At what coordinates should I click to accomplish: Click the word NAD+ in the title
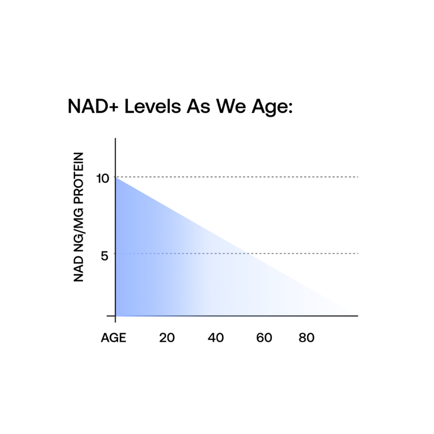pos(93,106)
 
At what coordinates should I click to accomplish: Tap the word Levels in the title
pos(153,106)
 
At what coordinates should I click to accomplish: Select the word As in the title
pos(198,106)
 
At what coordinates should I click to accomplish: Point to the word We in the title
pos(231,106)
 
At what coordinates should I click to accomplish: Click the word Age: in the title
pos(272,108)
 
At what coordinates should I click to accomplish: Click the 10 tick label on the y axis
pos(103,178)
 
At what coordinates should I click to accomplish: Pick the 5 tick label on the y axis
pos(105,256)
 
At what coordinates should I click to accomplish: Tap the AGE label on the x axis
pos(114,338)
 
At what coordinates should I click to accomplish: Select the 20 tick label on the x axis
pos(167,338)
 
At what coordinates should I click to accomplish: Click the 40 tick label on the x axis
pos(216,338)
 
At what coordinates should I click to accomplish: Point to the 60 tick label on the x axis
pos(264,338)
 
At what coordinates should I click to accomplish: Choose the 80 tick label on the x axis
pos(306,338)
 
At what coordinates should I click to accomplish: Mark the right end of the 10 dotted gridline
pos(358,177)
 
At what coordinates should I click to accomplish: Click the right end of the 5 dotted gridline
pos(358,253)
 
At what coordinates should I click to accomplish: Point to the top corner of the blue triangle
pos(116,177)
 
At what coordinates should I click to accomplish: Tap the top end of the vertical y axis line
pos(115,139)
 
